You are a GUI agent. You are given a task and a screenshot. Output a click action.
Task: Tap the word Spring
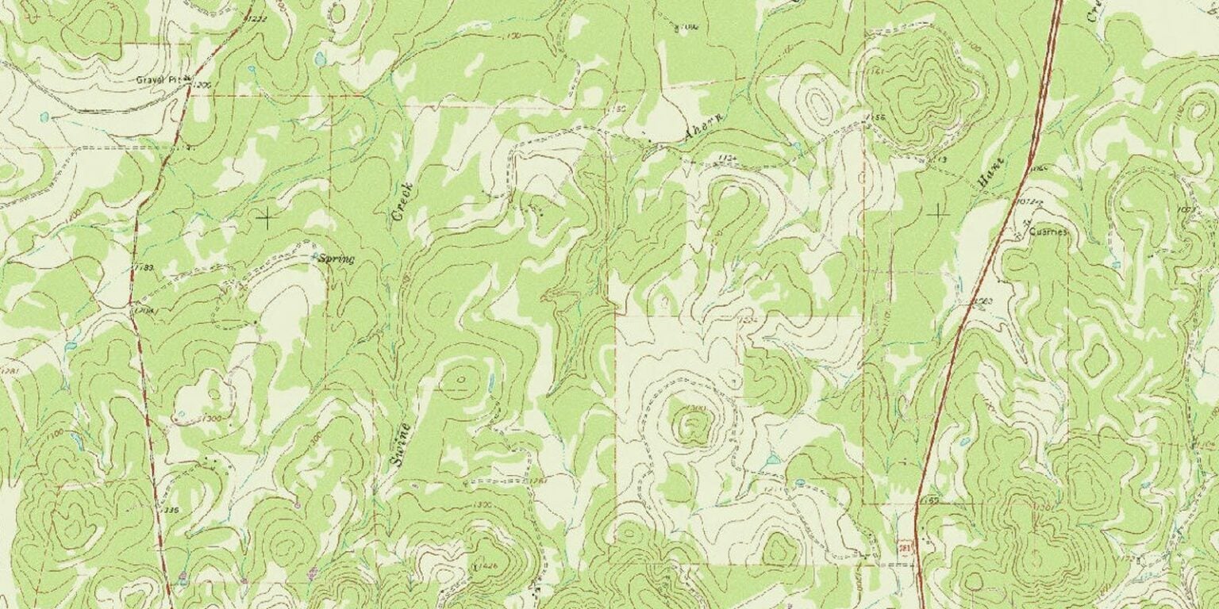[x=336, y=259]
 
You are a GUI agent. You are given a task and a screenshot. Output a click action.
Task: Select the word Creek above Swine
[x=403, y=201]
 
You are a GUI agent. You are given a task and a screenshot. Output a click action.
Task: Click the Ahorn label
[x=702, y=128]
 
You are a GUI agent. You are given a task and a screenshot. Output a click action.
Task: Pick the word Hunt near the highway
[x=991, y=173]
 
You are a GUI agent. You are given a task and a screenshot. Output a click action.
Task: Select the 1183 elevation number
[x=144, y=268]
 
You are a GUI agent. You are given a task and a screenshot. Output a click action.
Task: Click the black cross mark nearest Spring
[x=267, y=216]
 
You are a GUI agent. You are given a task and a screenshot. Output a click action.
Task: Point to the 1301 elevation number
[x=1045, y=508]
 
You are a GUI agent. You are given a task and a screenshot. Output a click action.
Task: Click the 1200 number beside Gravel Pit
[x=202, y=84]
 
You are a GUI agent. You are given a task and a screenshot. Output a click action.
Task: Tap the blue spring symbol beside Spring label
[x=313, y=256]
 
